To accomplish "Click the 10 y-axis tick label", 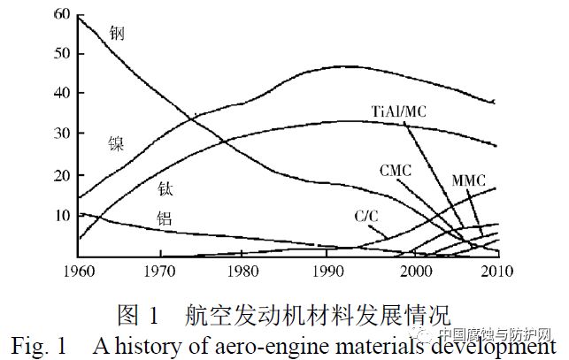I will click(65, 215).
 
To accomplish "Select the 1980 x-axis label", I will click(245, 270).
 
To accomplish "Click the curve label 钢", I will click(117, 33).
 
